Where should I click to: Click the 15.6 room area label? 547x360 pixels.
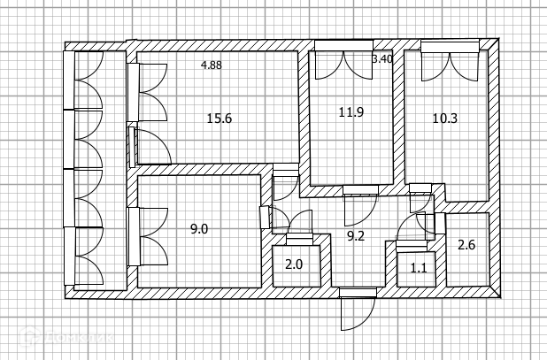coord(219,119)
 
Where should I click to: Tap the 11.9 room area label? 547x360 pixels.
coord(351,112)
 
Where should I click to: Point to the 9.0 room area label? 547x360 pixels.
coord(199,229)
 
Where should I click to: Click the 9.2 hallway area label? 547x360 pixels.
coord(356,236)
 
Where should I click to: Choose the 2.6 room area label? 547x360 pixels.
coord(466,247)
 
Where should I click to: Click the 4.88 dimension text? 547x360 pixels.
coord(212,65)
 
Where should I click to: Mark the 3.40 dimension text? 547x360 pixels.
coord(381,59)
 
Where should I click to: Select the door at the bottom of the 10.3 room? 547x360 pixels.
coord(421,198)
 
